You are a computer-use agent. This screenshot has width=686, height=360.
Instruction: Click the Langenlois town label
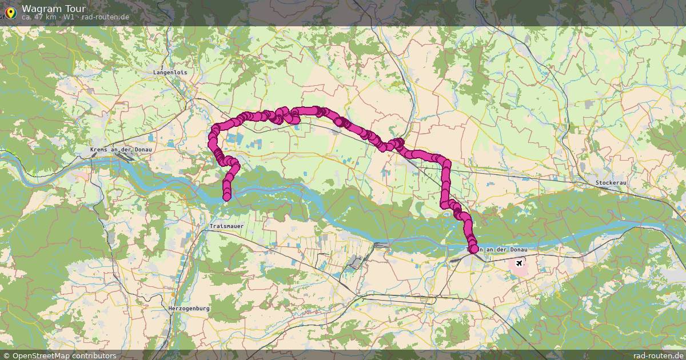pos(170,73)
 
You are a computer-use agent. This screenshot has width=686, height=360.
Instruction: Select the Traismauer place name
pos(226,226)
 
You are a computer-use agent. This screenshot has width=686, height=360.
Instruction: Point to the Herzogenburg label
pos(189,308)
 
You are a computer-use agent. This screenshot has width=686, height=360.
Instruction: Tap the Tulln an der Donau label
pos(496,250)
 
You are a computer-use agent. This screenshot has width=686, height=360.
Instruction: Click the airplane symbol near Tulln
pos(519,263)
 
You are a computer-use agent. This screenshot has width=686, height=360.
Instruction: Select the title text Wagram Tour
pos(54,9)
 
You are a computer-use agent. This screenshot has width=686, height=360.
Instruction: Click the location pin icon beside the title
pos(10,11)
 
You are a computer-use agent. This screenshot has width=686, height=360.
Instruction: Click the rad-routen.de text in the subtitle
pos(105,17)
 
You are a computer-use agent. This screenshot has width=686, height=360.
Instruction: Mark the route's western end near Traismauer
pos(226,197)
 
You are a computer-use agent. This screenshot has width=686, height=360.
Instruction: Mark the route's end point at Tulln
pos(474,249)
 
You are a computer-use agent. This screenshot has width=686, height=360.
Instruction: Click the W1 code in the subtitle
pos(69,17)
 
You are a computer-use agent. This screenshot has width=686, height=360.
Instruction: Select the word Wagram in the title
pos(42,9)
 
